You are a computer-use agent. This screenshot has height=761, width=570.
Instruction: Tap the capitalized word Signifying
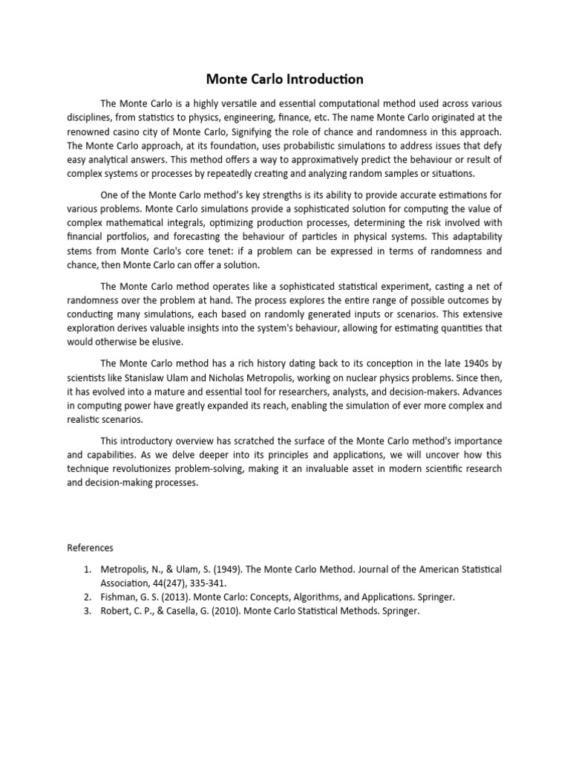coord(260,131)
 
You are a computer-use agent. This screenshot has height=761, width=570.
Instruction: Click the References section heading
coord(90,548)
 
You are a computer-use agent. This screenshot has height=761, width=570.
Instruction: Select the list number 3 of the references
coord(86,611)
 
